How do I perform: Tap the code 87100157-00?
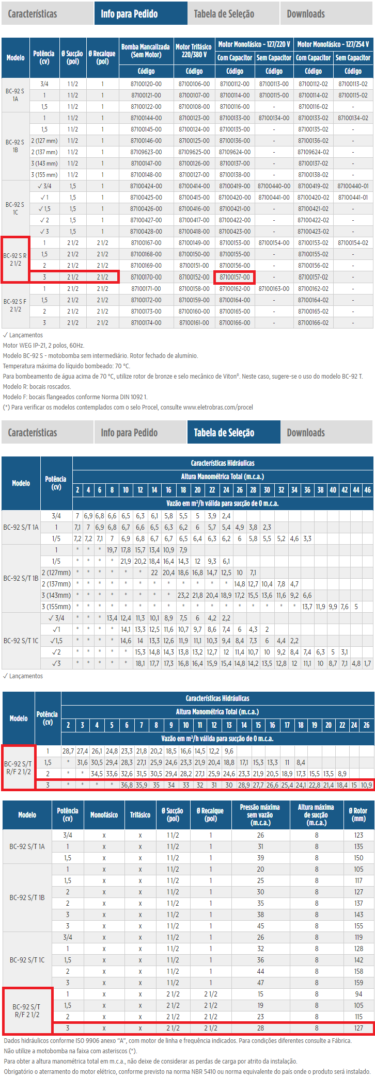tap(235, 277)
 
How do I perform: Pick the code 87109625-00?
tap(194, 152)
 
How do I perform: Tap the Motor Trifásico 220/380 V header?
tap(194, 51)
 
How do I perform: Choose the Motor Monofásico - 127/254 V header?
tap(333, 44)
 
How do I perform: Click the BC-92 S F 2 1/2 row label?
tap(15, 305)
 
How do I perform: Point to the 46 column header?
tap(367, 489)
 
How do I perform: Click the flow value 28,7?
tap(68, 751)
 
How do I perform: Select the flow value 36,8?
tap(127, 785)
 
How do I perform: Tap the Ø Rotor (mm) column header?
tap(358, 814)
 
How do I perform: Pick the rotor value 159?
tap(358, 983)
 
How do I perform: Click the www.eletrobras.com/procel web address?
tap(218, 407)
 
